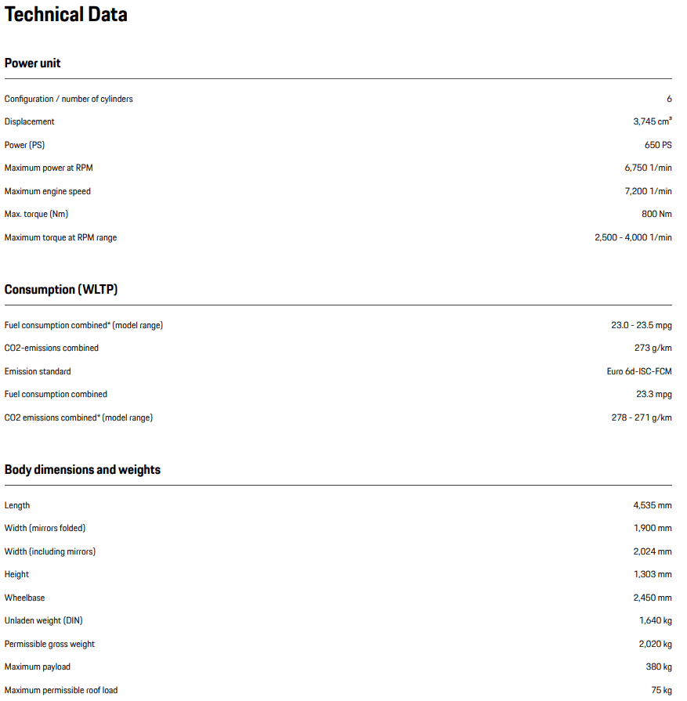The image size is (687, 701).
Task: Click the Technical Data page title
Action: tap(66, 15)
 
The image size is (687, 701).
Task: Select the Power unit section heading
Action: tap(33, 63)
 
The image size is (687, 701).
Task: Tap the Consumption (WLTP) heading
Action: tap(61, 290)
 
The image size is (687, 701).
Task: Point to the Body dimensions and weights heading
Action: tap(82, 470)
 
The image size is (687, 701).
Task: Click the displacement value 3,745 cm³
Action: tap(652, 121)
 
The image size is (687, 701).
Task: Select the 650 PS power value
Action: tap(658, 145)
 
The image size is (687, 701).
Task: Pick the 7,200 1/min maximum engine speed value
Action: tap(647, 191)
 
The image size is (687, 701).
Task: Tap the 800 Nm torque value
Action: tap(656, 214)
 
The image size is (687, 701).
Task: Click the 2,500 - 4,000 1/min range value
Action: tap(633, 237)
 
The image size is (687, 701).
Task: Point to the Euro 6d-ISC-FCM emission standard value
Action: tap(639, 371)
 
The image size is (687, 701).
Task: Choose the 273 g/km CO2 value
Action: tap(653, 348)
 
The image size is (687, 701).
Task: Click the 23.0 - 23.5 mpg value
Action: tap(642, 325)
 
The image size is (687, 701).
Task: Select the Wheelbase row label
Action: tap(24, 598)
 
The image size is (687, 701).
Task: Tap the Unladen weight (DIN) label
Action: tap(43, 620)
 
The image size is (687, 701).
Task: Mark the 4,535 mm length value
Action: tap(653, 505)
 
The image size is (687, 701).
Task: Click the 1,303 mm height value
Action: tap(653, 574)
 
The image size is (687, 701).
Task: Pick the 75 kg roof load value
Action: tap(661, 690)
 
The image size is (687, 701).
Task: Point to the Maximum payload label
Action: tap(38, 667)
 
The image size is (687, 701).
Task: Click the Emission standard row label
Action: tap(38, 371)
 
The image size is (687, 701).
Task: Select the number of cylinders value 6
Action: tap(669, 99)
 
